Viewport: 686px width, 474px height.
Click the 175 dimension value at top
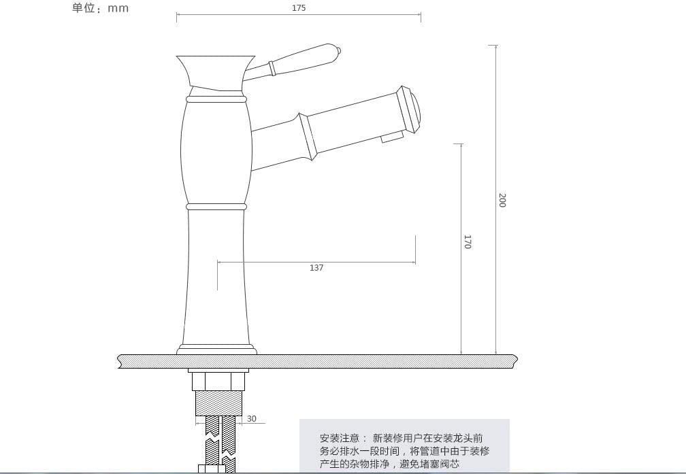point(298,8)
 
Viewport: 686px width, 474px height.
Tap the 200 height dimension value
point(502,200)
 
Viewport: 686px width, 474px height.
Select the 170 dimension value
point(468,242)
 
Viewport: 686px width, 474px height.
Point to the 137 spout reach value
point(316,268)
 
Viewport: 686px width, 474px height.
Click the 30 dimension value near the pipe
point(252,418)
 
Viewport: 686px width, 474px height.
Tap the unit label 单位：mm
point(101,8)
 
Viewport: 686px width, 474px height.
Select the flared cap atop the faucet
point(216,73)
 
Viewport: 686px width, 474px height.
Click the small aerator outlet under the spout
point(391,138)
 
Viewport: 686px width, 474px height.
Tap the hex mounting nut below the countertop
point(218,382)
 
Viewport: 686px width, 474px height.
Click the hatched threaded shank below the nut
point(218,403)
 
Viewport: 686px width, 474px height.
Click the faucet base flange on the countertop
point(216,350)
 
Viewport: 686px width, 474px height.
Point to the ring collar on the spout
point(308,137)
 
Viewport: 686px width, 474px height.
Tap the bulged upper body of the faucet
point(216,152)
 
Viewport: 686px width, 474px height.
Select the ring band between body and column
point(216,206)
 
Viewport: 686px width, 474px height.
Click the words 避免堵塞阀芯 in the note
point(429,464)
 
